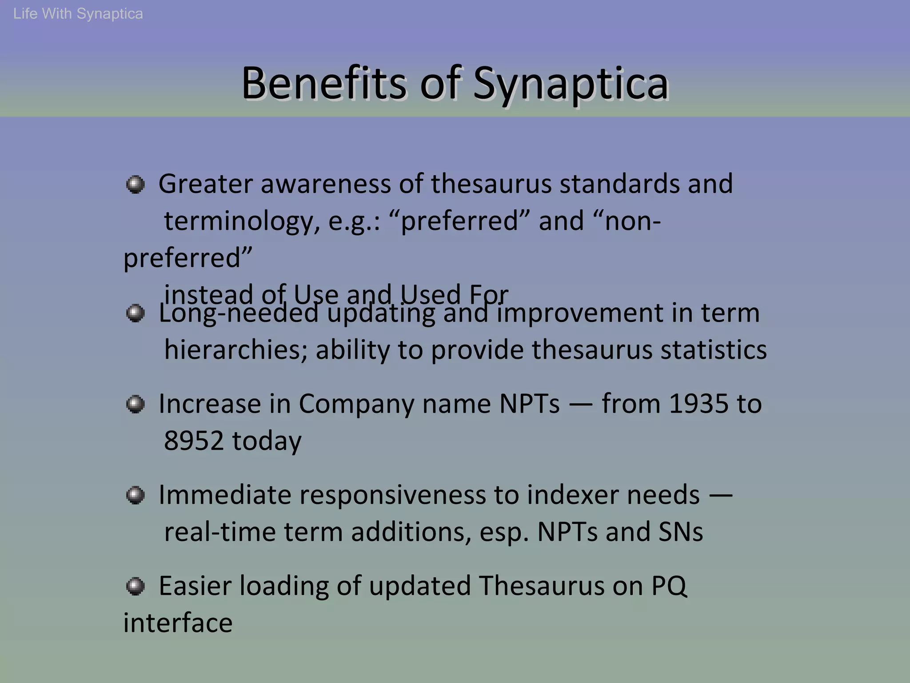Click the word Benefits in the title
coord(323,84)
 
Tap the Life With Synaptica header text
coord(78,14)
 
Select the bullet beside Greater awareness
coord(135,184)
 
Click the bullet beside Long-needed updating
coord(135,313)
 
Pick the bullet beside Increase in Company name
coord(135,404)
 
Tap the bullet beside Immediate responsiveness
coord(135,495)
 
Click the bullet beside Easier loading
coord(135,586)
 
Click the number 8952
coord(194,441)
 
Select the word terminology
coord(242,221)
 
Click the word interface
coord(178,623)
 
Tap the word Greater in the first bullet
coord(206,184)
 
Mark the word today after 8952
coord(267,441)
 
